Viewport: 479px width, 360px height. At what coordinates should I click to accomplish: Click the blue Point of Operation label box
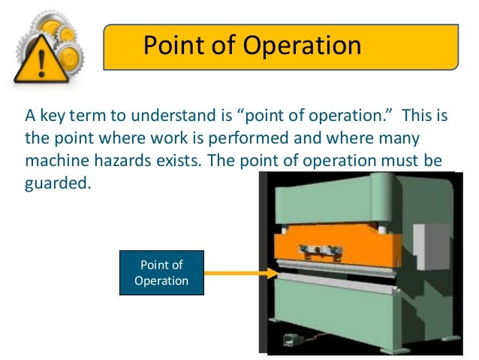pos(161,273)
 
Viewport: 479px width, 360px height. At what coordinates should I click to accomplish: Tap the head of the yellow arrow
pos(273,273)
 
